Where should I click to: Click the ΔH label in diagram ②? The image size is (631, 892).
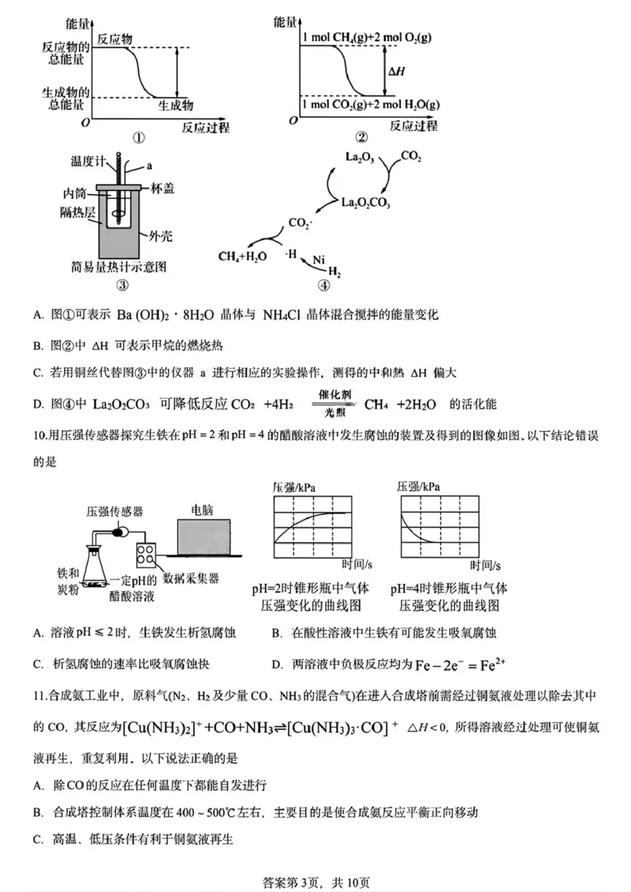(x=395, y=71)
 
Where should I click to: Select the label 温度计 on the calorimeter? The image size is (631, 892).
(x=88, y=161)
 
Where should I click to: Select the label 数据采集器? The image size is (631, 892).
(x=196, y=578)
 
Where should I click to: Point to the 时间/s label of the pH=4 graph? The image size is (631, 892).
(x=486, y=564)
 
